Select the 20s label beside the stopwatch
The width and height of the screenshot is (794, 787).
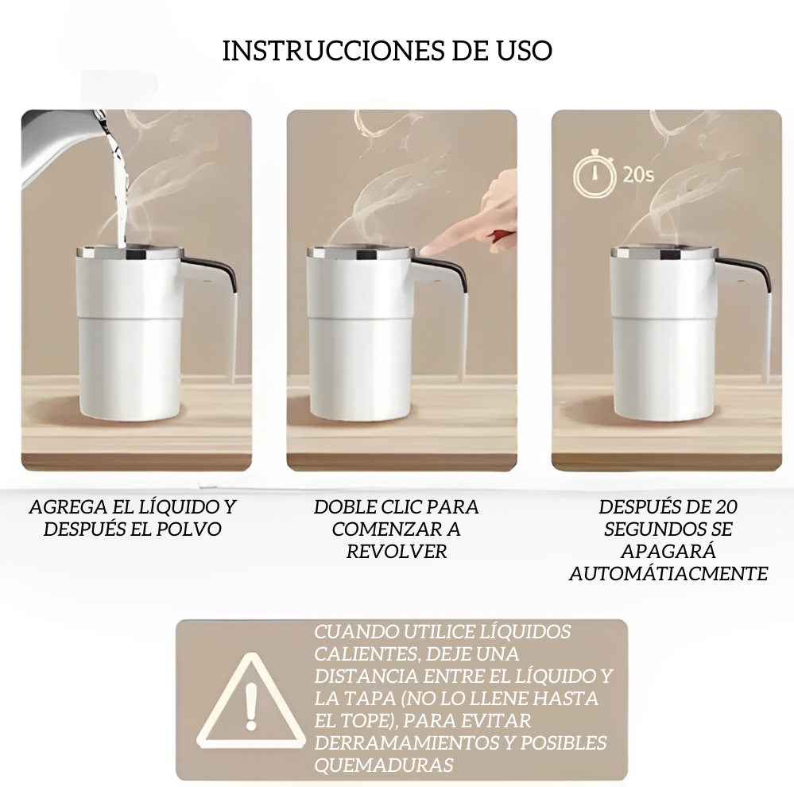[638, 174]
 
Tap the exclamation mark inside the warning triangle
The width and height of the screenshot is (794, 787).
[250, 705]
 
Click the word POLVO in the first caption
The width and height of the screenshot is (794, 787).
[190, 529]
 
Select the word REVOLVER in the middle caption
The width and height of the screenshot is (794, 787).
[397, 551]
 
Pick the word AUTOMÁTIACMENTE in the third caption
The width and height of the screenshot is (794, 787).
[668, 573]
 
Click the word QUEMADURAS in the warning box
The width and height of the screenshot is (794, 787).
[383, 765]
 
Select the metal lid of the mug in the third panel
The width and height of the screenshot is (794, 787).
[664, 252]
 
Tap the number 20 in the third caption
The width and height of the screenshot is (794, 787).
[726, 506]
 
